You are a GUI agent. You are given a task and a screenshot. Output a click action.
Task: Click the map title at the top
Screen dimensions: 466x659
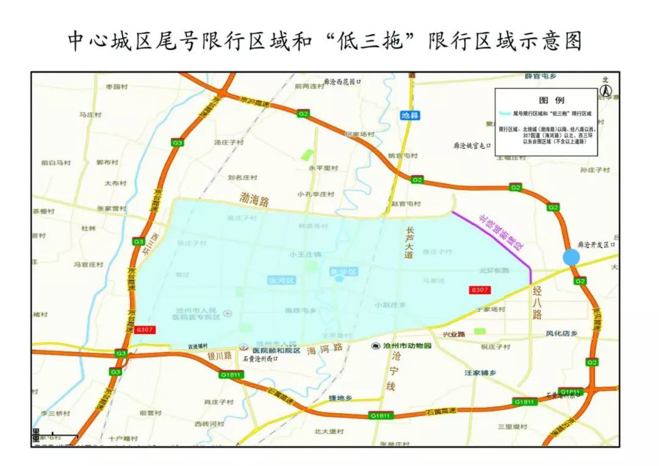(324, 41)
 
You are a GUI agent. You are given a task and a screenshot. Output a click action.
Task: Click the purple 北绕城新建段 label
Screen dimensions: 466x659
(501, 232)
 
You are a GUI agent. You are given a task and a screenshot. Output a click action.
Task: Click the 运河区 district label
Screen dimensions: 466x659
(281, 280)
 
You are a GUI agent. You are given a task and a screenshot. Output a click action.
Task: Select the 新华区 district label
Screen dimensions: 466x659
(342, 271)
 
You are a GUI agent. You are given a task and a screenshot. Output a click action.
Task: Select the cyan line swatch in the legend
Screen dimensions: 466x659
(504, 113)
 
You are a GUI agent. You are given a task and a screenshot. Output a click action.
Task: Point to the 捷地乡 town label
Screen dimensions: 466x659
(340, 398)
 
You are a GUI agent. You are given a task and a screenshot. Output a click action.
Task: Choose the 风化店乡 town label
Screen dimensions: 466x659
(561, 334)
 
